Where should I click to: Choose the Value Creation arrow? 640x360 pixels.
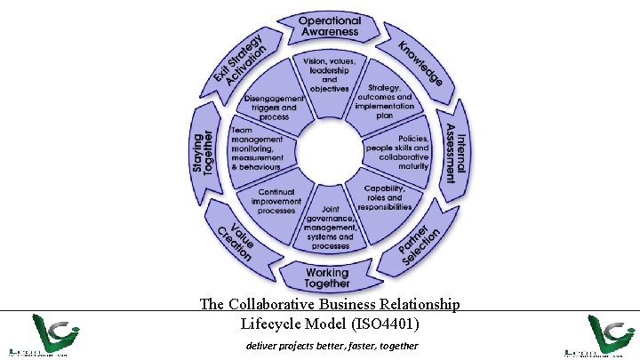(x=235, y=238)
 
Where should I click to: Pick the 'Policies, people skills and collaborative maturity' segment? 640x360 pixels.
(x=401, y=152)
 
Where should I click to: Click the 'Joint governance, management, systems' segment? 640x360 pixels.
(x=330, y=228)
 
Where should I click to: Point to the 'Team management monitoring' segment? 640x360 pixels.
(x=257, y=148)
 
